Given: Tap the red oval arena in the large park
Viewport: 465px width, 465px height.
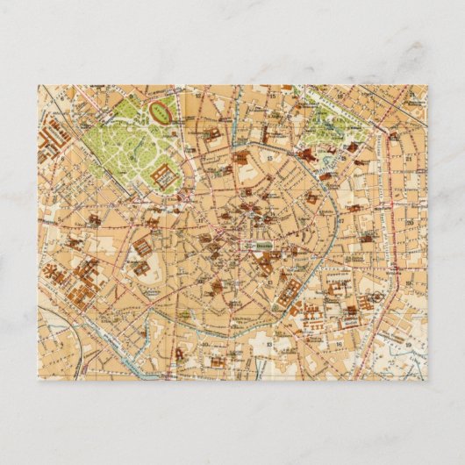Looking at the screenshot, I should [161, 111].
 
